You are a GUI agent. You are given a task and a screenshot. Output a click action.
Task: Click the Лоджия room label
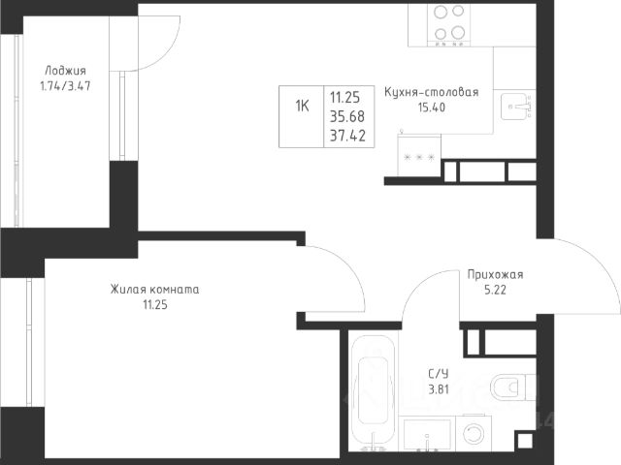point(65,71)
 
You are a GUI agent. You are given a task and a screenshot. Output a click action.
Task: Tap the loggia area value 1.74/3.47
point(65,86)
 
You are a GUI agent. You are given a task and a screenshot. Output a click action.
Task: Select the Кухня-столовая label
point(431,92)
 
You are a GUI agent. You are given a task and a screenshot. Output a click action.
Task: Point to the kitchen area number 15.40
point(431,108)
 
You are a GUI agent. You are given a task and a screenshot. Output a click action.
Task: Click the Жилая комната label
point(154,290)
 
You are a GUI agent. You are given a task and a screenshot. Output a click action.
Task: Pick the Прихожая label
point(495,274)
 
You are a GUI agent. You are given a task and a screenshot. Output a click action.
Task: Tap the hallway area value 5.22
point(495,290)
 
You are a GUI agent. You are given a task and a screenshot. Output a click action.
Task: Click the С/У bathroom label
point(439,374)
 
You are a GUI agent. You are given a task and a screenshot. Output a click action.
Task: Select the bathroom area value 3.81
point(439,389)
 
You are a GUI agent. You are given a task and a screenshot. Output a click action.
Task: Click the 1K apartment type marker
point(302,106)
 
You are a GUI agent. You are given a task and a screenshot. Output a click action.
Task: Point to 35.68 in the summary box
point(347,116)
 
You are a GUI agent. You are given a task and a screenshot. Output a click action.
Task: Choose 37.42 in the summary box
point(347,136)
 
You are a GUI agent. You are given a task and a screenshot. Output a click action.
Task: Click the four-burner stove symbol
point(448,24)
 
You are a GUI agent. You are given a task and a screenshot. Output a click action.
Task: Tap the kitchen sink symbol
point(516,107)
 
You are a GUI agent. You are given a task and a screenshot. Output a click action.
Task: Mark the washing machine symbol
point(474,433)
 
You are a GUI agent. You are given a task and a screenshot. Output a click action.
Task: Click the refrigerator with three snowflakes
point(419,155)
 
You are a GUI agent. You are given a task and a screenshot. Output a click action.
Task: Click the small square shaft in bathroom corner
point(525,441)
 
